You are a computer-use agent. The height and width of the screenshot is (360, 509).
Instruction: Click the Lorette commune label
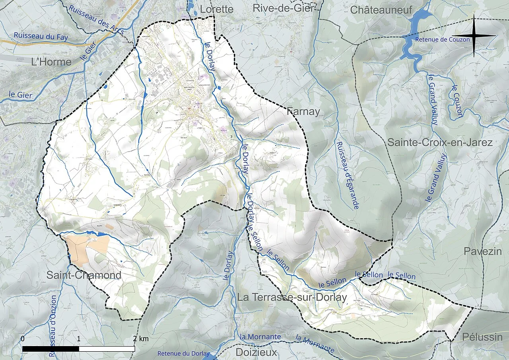coord(216,9)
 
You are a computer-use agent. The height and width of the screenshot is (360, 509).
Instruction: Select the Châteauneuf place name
coord(381,10)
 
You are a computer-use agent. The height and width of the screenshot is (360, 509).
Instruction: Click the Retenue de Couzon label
coord(442,39)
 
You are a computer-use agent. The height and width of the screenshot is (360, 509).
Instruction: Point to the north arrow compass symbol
coord(474,36)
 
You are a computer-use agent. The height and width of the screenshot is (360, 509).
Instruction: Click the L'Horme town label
coord(52,62)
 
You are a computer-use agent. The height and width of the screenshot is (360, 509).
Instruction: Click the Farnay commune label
coord(303,112)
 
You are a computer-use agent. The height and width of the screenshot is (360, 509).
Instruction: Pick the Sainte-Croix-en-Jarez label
coord(440,142)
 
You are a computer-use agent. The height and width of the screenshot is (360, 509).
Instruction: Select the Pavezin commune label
coord(482,251)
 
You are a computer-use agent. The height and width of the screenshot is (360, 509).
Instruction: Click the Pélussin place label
coord(482,337)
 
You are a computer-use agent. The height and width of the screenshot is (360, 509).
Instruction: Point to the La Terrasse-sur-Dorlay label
coord(292,297)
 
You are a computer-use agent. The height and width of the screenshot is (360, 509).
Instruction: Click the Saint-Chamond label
coord(84,275)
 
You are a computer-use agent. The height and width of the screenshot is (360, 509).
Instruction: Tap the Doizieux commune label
coord(256,352)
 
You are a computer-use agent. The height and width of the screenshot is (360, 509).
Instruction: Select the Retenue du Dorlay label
coord(183,353)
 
